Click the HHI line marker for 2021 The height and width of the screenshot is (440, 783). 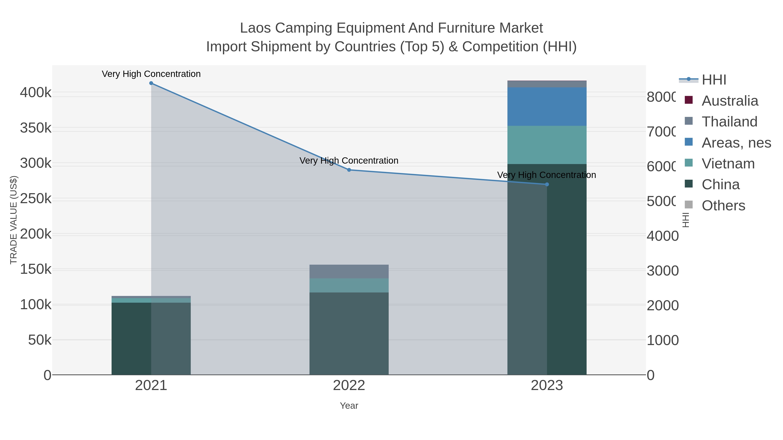click(151, 83)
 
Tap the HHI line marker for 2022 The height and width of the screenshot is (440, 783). click(349, 170)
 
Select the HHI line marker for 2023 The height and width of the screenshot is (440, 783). click(547, 184)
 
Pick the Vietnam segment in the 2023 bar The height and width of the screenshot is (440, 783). click(547, 145)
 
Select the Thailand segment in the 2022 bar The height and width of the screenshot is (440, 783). click(349, 271)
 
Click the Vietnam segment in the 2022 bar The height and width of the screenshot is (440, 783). click(349, 286)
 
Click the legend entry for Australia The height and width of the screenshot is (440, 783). click(729, 101)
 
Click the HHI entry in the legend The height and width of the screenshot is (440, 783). click(714, 80)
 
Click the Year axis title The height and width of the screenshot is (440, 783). click(349, 406)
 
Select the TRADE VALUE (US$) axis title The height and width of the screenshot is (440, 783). click(14, 220)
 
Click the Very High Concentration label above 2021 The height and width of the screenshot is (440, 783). click(151, 74)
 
